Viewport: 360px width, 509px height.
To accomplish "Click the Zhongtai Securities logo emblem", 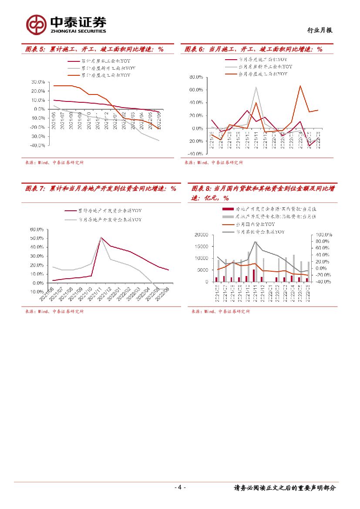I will click(x=36, y=24).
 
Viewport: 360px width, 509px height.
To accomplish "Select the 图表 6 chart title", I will click(x=254, y=49).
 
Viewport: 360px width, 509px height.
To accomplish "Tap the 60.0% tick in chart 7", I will click(x=36, y=229).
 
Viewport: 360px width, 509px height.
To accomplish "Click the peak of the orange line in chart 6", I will click(x=300, y=86).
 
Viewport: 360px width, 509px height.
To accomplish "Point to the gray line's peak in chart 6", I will click(x=256, y=87).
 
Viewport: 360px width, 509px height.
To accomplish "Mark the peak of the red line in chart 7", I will click(x=101, y=237).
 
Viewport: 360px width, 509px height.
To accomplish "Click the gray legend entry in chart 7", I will click(x=109, y=220).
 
